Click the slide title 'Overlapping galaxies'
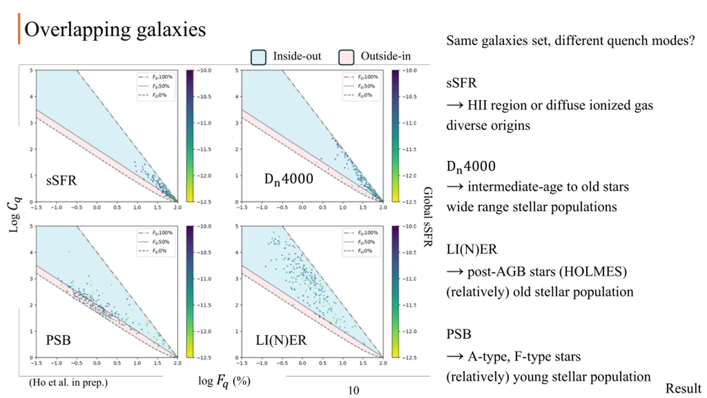point(115,29)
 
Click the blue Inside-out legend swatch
point(258,57)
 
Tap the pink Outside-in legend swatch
point(346,57)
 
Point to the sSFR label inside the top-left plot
point(61,180)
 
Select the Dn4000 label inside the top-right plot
point(289,179)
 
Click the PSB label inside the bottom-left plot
point(58,340)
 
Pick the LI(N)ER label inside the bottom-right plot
point(281,340)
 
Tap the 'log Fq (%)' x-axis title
point(224,381)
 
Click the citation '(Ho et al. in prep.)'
point(68,383)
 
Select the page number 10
point(353,391)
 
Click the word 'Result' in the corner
point(683,388)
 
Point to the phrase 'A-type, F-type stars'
point(524,357)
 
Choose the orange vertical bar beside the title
point(19,28)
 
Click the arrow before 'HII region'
point(455,105)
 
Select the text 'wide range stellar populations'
point(531,207)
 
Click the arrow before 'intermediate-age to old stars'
point(455,187)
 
